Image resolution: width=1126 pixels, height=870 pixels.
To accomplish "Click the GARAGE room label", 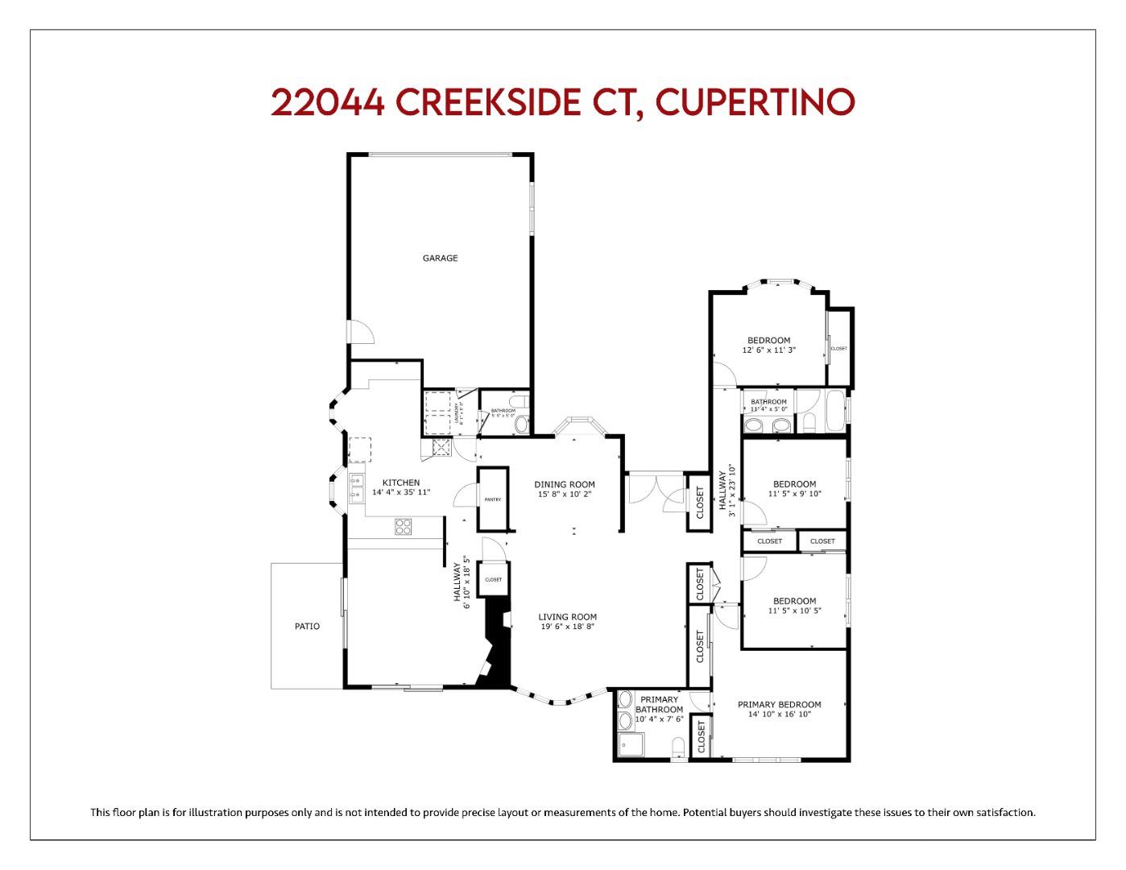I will [440, 259].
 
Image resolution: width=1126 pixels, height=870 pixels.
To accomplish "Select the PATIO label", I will [306, 626].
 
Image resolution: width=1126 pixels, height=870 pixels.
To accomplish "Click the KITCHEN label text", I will [400, 483].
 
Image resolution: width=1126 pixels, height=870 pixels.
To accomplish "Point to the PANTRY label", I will [492, 499].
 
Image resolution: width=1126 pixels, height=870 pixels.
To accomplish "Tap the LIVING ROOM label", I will [567, 617].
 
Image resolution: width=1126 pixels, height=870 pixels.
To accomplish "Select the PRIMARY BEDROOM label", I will [779, 705].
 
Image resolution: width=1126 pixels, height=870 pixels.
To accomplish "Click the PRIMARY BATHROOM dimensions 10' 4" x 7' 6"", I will [659, 719].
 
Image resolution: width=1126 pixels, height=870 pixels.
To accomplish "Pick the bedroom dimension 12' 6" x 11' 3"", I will [768, 350].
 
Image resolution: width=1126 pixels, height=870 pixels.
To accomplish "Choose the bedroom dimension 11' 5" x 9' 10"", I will [794, 494].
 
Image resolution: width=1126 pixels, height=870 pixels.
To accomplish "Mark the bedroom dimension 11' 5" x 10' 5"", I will [794, 611].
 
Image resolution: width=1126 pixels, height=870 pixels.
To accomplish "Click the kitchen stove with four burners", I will [403, 527].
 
